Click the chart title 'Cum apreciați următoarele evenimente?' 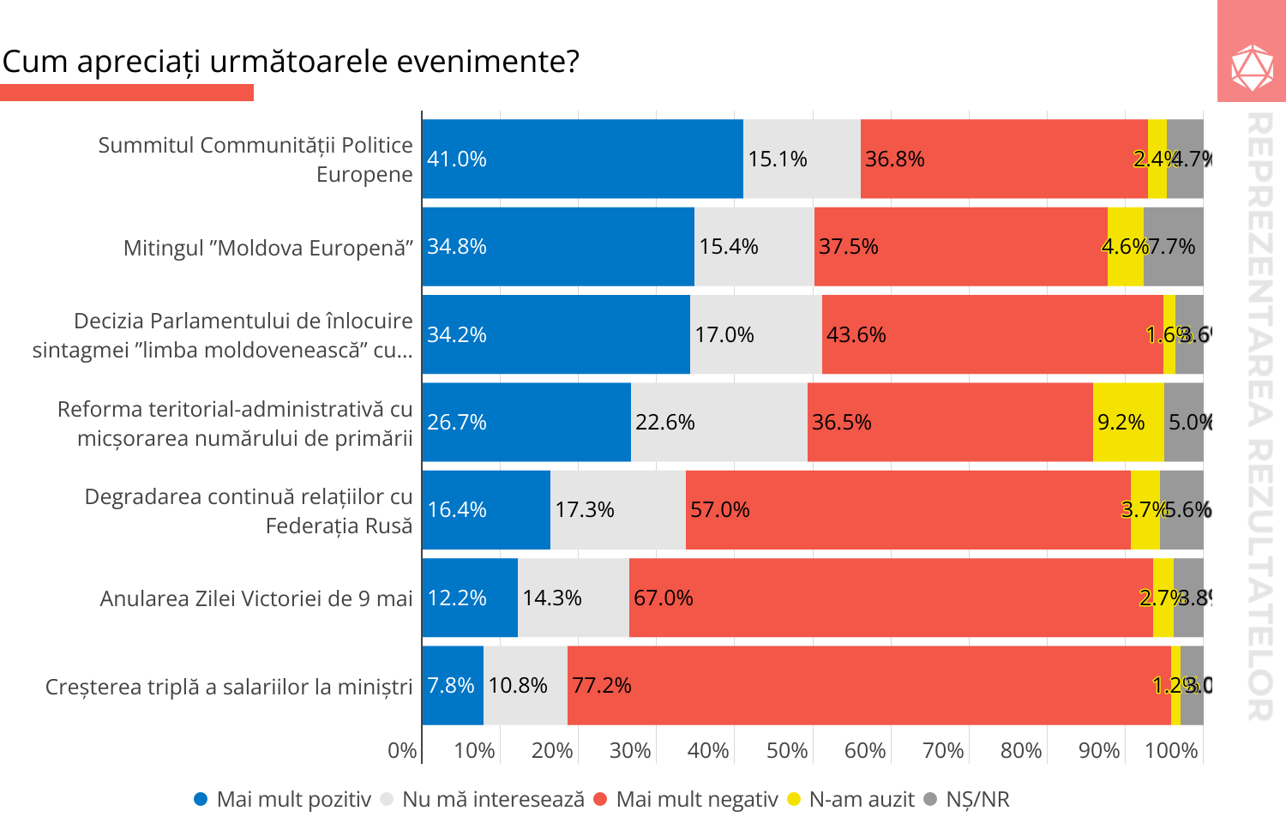(x=291, y=62)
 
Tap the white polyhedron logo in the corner (x=1252, y=68)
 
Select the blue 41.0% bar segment (x=582, y=159)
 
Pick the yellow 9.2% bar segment (x=1128, y=422)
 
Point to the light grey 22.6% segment (x=718, y=422)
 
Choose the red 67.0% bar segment (x=891, y=598)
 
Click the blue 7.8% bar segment (x=453, y=685)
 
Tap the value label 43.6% (x=856, y=334)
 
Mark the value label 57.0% (x=719, y=510)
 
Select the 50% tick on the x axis (x=787, y=751)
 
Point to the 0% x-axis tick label (x=402, y=751)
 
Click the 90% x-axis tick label (x=1099, y=751)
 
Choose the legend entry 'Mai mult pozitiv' (x=293, y=799)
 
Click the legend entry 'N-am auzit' (x=861, y=799)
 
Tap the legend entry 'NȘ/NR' (x=977, y=799)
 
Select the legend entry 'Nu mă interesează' (x=492, y=799)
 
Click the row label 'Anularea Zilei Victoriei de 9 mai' (x=255, y=598)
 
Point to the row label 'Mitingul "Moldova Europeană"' (x=267, y=248)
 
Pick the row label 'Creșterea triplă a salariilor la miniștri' (x=228, y=687)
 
